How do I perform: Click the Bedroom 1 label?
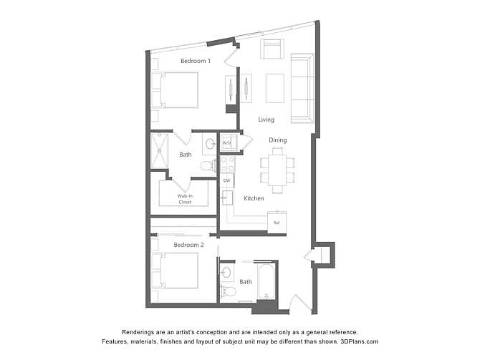(x=196, y=61)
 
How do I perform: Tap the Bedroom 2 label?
(x=188, y=245)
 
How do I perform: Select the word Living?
(x=266, y=120)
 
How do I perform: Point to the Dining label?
(x=278, y=140)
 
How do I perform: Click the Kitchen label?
(x=254, y=198)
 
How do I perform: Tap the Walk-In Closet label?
(x=185, y=199)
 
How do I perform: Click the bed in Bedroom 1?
(x=175, y=90)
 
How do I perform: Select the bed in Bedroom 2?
(x=175, y=271)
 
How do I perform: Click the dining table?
(x=277, y=170)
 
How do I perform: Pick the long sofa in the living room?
(x=302, y=89)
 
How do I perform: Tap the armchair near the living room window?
(x=272, y=49)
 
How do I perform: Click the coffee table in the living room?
(x=275, y=88)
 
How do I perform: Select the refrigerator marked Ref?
(x=277, y=223)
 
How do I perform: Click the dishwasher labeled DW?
(x=227, y=180)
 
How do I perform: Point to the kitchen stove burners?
(x=227, y=164)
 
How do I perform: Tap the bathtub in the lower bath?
(x=267, y=281)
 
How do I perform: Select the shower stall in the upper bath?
(x=160, y=150)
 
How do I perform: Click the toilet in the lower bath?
(x=228, y=291)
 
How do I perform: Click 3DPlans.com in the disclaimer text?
(x=359, y=341)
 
